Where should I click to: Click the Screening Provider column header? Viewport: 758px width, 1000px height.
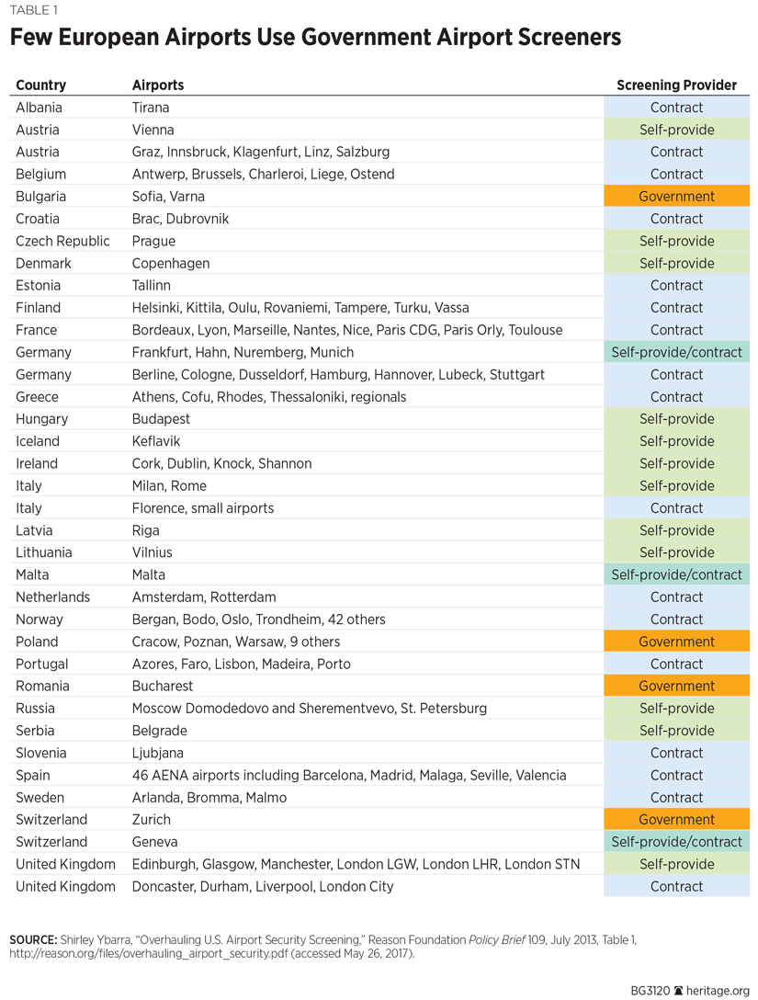[x=676, y=85]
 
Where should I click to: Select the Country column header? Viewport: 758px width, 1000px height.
[x=41, y=85]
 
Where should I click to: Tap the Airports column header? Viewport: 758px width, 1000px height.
[x=158, y=85]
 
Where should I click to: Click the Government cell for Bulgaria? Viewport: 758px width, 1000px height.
[x=676, y=197]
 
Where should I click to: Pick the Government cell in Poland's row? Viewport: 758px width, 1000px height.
[x=676, y=642]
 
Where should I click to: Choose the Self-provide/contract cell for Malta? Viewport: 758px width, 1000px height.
[x=676, y=575]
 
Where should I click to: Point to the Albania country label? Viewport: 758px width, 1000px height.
[x=38, y=108]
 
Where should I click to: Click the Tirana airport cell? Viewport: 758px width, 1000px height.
[x=151, y=108]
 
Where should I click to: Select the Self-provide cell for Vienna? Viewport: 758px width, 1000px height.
[x=676, y=130]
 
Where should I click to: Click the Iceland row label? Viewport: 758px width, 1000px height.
[x=38, y=441]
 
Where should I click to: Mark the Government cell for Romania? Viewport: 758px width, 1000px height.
[x=676, y=687]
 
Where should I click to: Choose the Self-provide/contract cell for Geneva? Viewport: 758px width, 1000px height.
[x=676, y=842]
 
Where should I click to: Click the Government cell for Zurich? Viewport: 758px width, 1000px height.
[x=676, y=820]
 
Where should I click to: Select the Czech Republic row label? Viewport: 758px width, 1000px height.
[x=62, y=241]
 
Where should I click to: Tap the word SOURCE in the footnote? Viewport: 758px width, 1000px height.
[x=32, y=940]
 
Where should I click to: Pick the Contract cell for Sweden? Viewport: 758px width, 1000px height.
[x=676, y=798]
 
